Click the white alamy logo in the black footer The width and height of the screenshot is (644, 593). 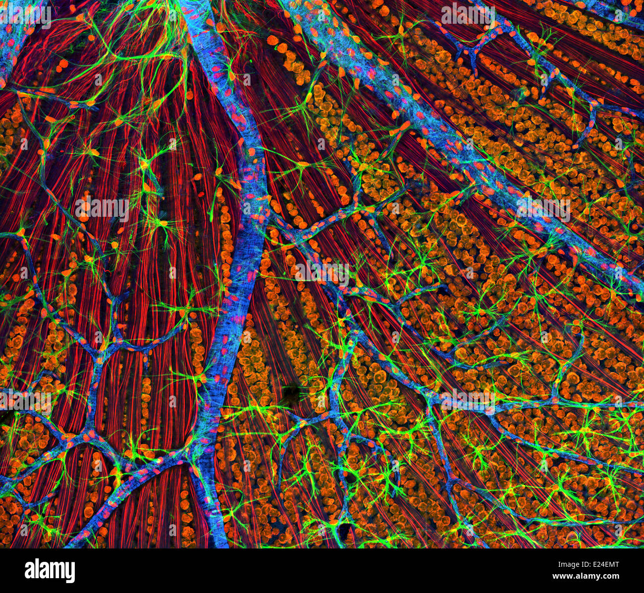pos(50,570)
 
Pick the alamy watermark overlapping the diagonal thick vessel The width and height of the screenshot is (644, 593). pos(543,208)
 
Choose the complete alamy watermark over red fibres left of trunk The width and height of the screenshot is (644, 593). pos(102,208)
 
